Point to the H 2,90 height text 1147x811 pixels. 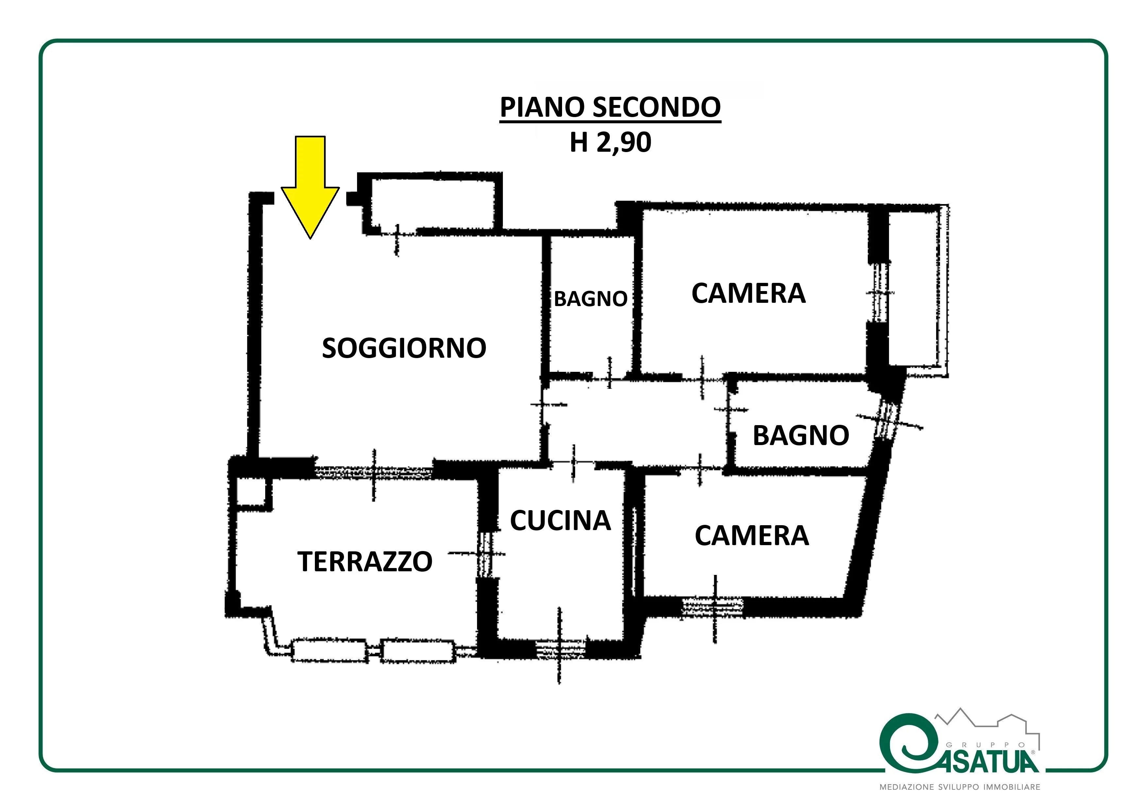(610, 142)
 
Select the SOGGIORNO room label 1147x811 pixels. (404, 348)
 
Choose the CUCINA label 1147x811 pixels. (560, 521)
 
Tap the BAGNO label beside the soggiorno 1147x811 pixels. (591, 299)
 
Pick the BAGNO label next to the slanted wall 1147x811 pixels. (801, 435)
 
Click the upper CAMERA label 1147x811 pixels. (748, 293)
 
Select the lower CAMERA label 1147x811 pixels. (752, 536)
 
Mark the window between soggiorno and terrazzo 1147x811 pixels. (374, 471)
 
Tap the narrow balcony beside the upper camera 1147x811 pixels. (918, 290)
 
